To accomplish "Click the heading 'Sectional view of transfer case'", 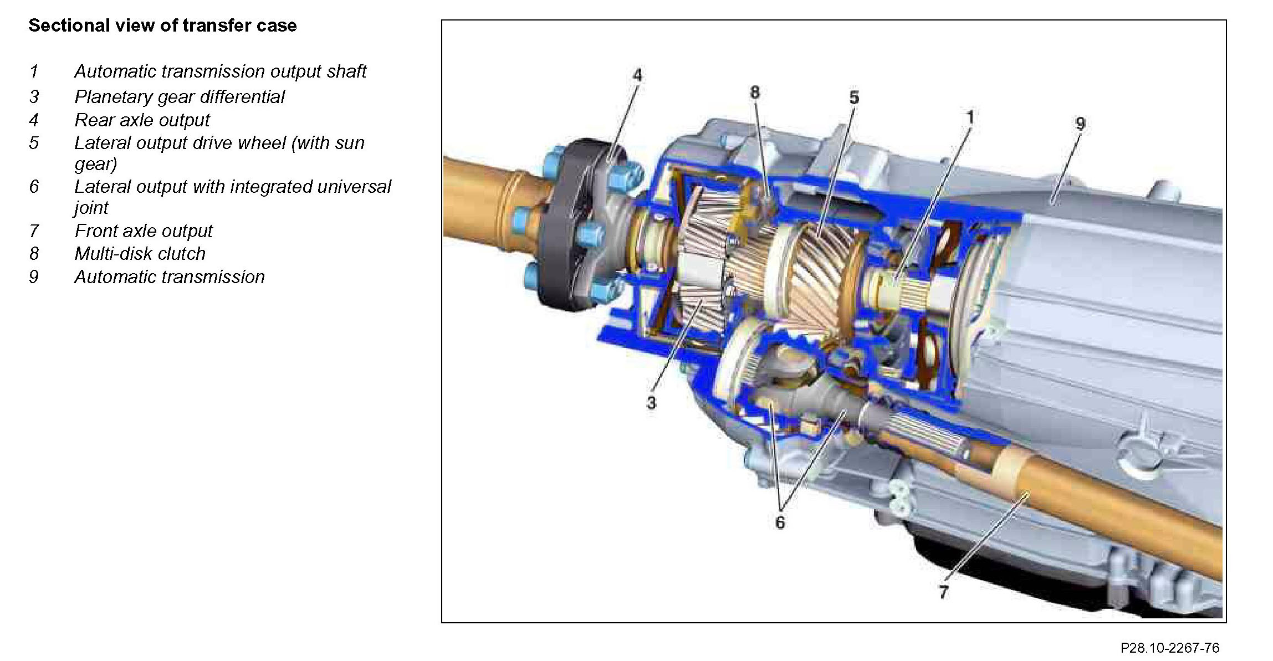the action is coord(162,25).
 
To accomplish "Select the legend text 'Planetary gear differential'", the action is coord(180,97).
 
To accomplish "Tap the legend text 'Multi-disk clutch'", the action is coord(140,254).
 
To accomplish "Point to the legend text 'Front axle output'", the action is coord(144,230).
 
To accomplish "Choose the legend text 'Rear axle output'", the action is coord(142,120).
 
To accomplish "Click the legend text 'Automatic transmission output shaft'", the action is coord(221,71).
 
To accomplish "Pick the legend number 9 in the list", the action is coord(34,277).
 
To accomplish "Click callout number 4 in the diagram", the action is coord(637,75).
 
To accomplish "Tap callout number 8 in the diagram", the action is coord(755,93).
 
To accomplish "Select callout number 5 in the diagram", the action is coord(854,98).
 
